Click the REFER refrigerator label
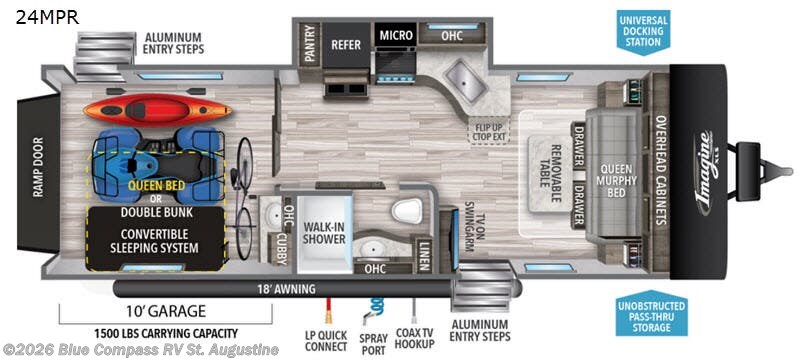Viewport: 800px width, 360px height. (346, 45)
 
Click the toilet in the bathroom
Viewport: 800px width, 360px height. (408, 210)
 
